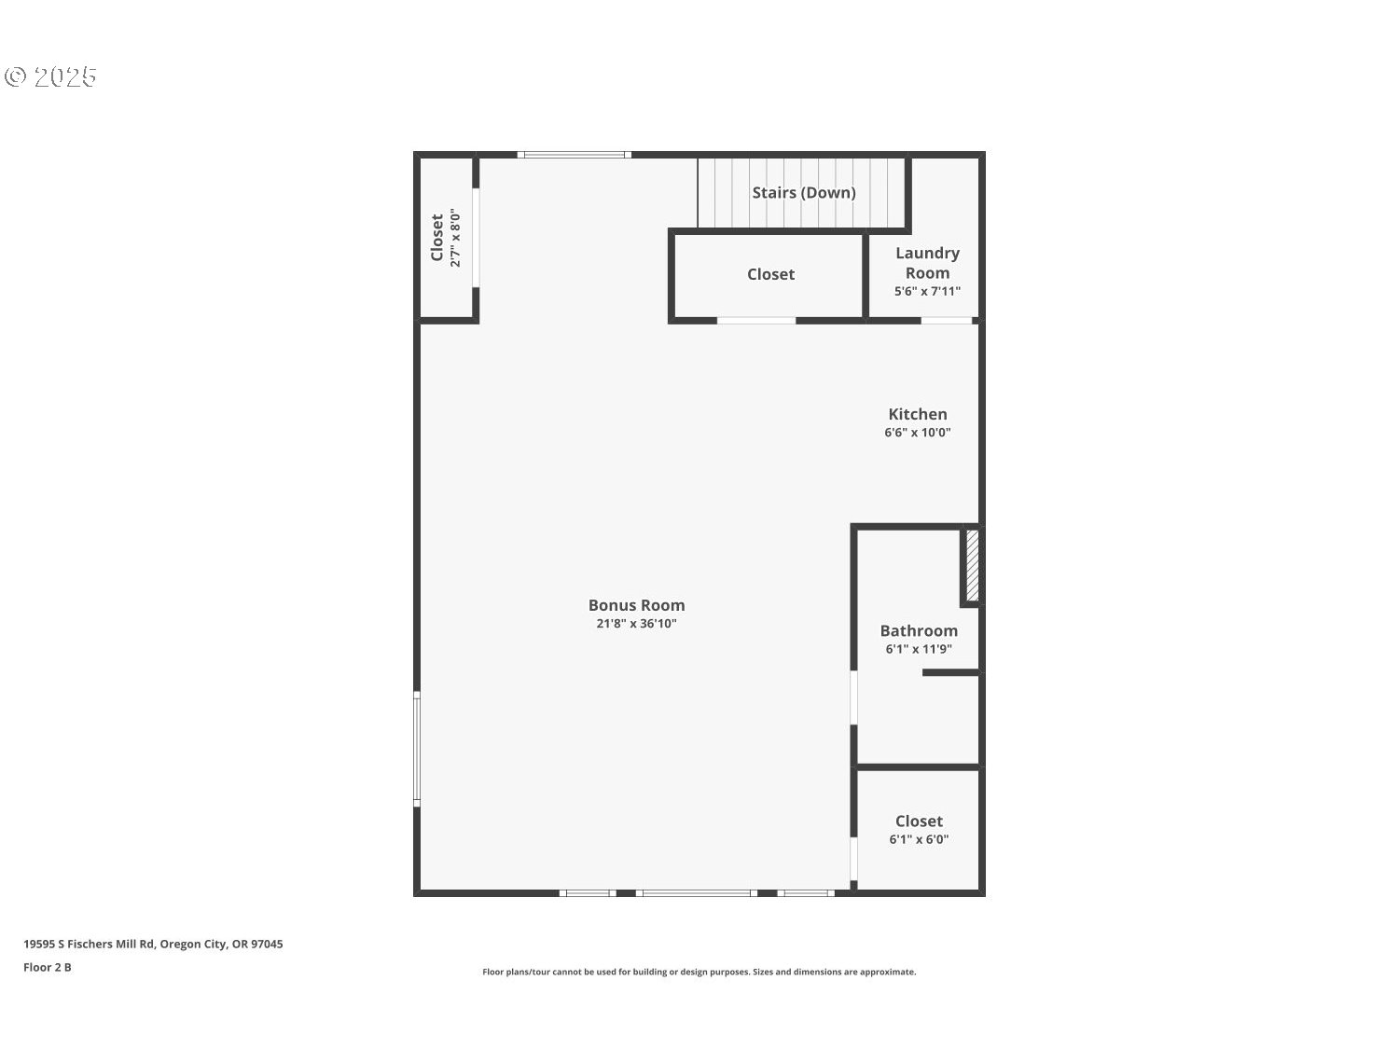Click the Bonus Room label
(636, 605)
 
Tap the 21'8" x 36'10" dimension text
(636, 624)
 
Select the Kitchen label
(918, 414)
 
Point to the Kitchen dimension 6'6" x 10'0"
(918, 433)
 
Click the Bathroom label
(919, 630)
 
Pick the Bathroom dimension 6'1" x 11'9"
(919, 649)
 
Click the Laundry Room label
(927, 263)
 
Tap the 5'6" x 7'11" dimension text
(927, 291)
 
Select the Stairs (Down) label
(804, 192)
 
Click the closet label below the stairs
(770, 274)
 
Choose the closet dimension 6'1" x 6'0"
(919, 839)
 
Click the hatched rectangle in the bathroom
(972, 565)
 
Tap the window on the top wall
(575, 155)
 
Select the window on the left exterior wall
(417, 748)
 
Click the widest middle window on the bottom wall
(696, 893)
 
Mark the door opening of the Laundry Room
(947, 321)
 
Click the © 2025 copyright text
(51, 76)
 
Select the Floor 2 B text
(48, 967)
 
